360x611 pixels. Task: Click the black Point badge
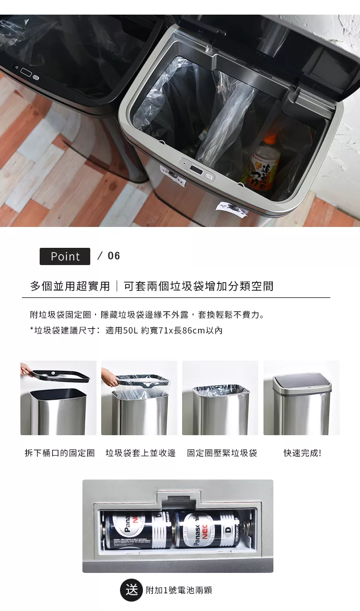[x=65, y=256]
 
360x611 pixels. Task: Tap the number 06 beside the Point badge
[x=114, y=256]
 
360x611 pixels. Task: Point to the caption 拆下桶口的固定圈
[x=59, y=453]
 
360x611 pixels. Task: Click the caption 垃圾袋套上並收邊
[x=140, y=453]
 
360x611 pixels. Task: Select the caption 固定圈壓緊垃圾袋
[x=222, y=453]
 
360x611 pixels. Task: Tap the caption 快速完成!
[x=302, y=453]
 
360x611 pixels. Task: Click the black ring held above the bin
[x=61, y=376]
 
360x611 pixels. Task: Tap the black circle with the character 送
[x=131, y=590]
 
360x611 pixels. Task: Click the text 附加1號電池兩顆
[x=179, y=590]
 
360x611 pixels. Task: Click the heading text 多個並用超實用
[x=70, y=286]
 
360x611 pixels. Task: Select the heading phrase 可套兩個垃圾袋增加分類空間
[x=199, y=286]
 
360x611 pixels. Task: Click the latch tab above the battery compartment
[x=178, y=499]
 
